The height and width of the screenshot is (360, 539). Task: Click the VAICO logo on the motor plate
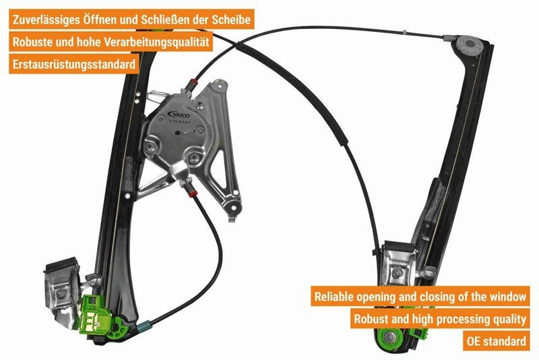[x=180, y=114]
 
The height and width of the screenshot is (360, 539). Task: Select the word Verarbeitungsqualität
[x=157, y=42]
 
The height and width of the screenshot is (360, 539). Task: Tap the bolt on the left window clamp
[x=61, y=293]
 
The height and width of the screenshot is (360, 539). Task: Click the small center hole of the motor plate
[x=179, y=133]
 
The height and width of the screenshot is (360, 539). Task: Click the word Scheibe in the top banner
[x=233, y=20]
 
